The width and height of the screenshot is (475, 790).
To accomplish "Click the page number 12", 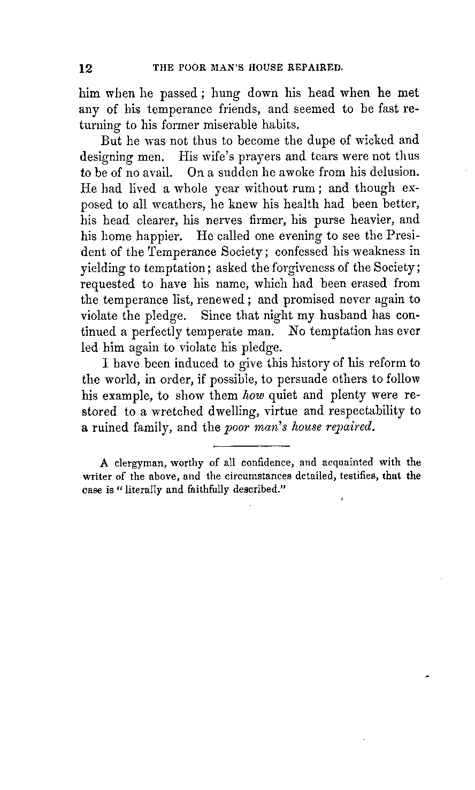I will pos(86,69).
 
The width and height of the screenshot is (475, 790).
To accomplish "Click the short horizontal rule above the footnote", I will pos(251,446).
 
